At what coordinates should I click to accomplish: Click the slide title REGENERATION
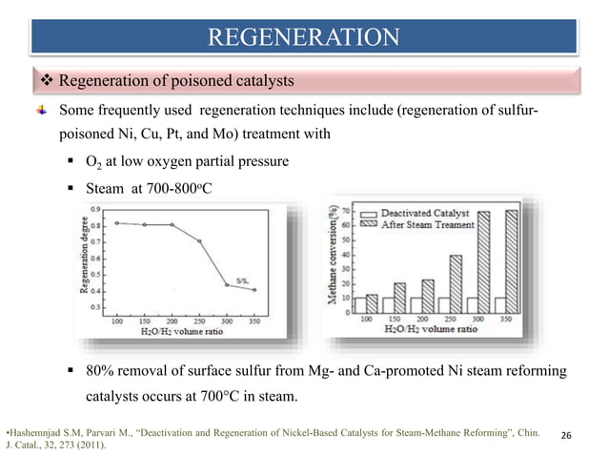click(304, 37)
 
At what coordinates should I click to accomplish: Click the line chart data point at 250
click(199, 241)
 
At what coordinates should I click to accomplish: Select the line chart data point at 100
click(116, 222)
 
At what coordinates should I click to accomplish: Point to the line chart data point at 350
click(253, 289)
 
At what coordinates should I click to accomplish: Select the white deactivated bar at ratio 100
click(360, 304)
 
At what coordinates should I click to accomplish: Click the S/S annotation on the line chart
click(244, 280)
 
